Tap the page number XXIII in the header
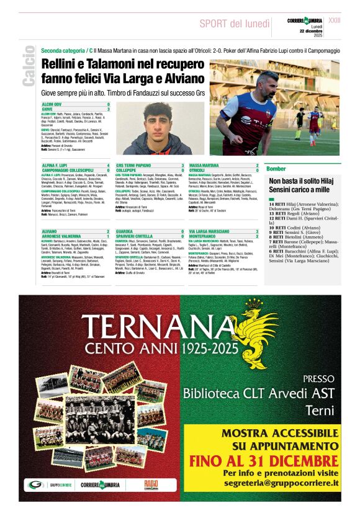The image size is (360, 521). click(x=351, y=20)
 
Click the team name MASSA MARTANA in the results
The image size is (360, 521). click(x=204, y=166)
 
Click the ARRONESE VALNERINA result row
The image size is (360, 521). click(x=62, y=236)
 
